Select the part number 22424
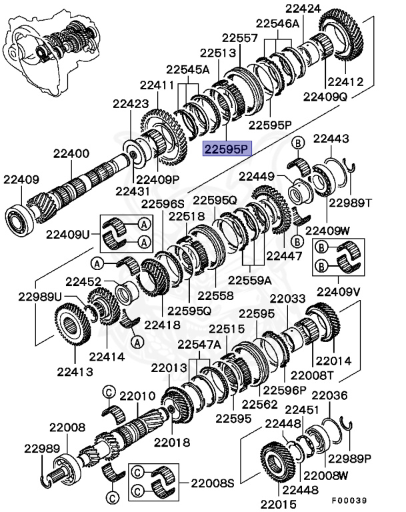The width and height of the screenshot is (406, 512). (x=303, y=9)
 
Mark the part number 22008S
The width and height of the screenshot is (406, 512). (x=207, y=481)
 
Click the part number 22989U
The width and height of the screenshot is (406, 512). (x=39, y=296)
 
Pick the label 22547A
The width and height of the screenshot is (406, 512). (x=198, y=344)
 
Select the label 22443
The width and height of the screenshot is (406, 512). (x=331, y=139)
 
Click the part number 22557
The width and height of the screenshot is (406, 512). (x=240, y=38)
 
